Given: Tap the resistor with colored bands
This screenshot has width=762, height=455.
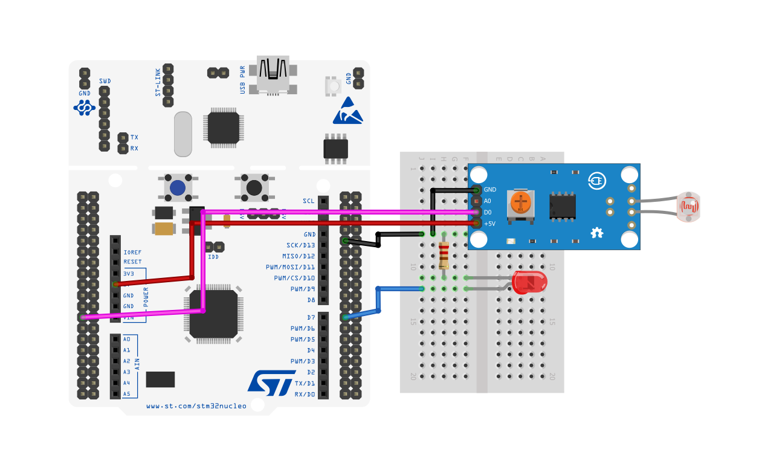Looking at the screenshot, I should click(x=444, y=254).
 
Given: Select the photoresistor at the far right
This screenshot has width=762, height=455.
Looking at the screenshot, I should click(x=688, y=207).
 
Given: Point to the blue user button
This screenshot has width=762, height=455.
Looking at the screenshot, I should click(x=178, y=187).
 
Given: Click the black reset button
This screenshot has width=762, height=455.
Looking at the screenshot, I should click(x=254, y=187).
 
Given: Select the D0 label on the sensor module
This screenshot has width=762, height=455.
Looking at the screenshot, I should click(x=488, y=212).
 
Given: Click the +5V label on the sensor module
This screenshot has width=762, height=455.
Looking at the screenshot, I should click(x=489, y=224).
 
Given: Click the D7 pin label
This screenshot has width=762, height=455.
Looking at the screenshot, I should click(x=310, y=317).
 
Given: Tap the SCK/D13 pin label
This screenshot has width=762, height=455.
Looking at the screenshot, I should click(x=300, y=245).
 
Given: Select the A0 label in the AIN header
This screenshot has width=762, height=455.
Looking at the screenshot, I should click(x=126, y=339).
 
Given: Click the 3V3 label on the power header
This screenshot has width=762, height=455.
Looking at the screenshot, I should click(x=128, y=273).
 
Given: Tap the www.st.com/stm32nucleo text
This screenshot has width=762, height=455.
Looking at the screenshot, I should click(x=196, y=406).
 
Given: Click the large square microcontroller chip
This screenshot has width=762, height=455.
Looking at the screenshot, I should click(x=213, y=314).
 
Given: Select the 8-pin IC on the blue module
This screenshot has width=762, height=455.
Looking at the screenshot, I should click(x=562, y=205).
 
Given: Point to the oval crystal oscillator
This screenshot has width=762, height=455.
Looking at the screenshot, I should click(x=182, y=134).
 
